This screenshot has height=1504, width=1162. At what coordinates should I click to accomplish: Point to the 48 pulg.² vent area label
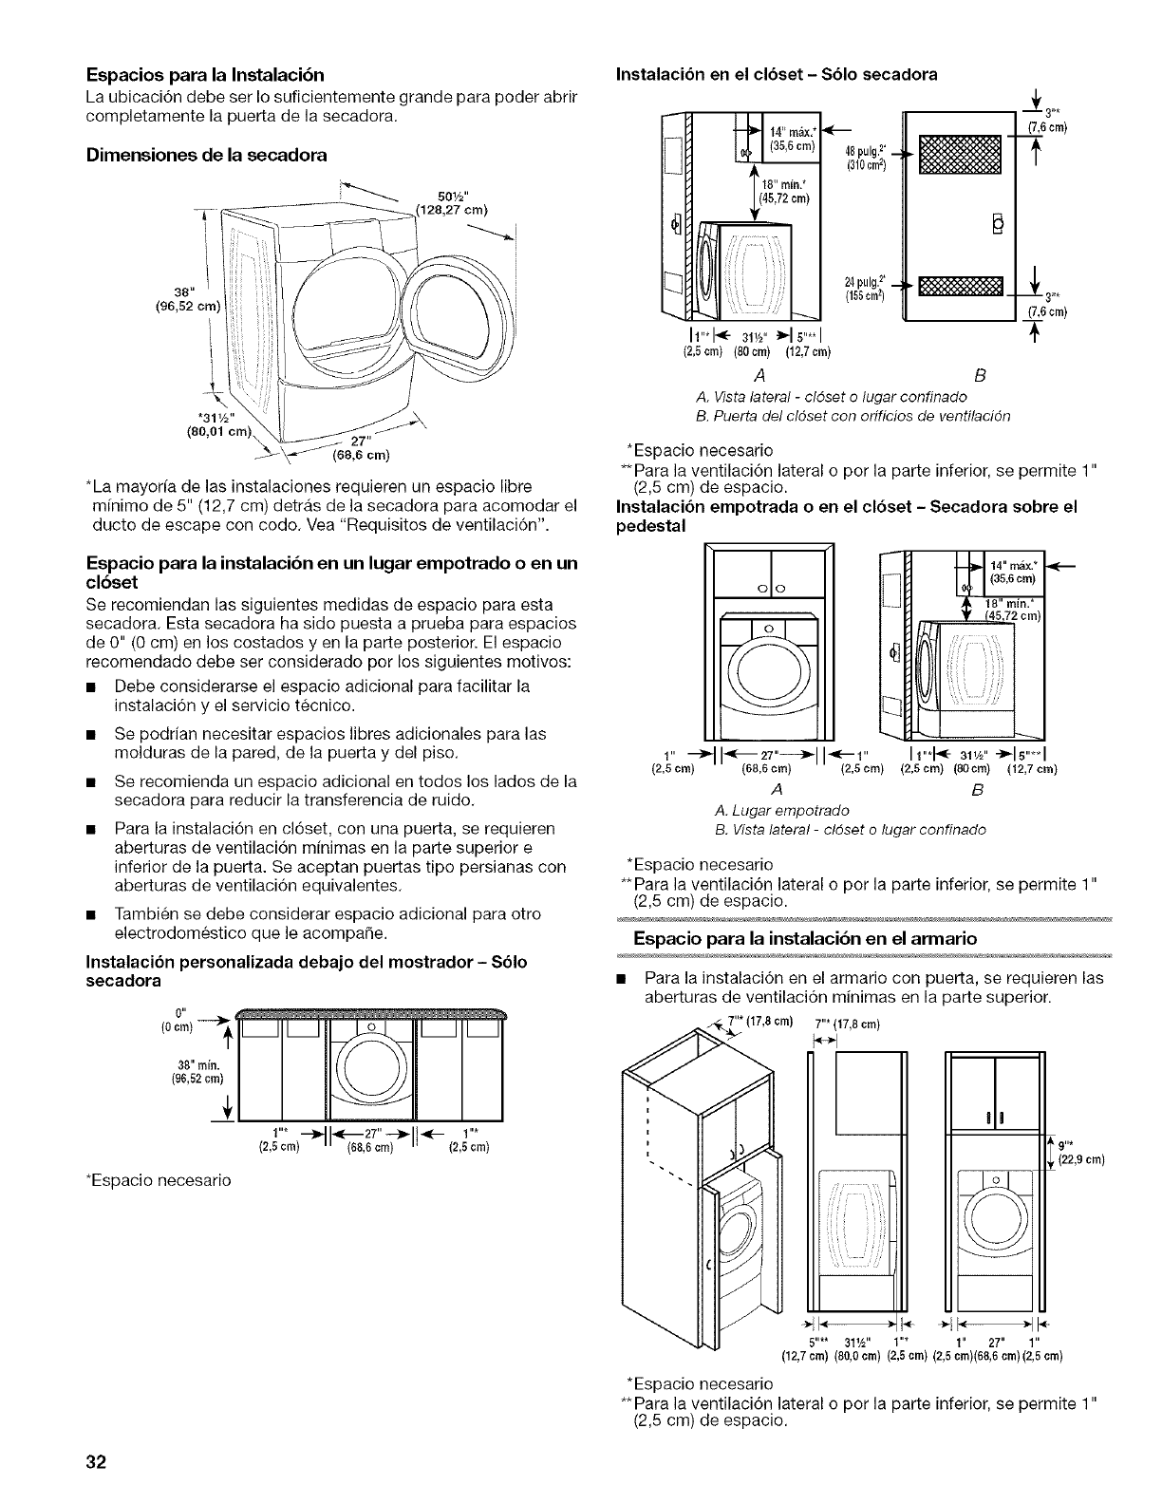pyautogui.click(x=864, y=153)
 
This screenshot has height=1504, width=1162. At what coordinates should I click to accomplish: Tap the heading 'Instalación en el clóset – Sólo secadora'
pyautogui.click(x=777, y=74)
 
